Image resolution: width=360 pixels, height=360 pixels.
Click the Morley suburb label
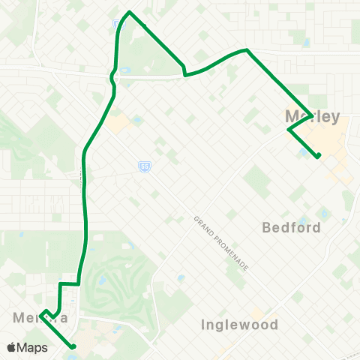point(313,117)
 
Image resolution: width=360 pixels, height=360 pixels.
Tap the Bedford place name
point(291,226)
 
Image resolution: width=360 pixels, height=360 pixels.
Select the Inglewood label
point(240,325)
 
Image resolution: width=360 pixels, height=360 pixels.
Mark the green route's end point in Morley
point(319,156)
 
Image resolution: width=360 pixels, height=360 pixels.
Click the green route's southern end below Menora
point(73,346)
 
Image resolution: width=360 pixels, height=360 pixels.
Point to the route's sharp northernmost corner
point(130,12)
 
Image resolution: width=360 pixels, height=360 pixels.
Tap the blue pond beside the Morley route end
point(303,152)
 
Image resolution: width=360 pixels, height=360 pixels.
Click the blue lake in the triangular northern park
point(123,71)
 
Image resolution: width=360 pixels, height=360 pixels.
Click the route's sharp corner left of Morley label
point(289,130)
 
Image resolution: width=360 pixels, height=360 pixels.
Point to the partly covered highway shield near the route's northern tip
point(116,24)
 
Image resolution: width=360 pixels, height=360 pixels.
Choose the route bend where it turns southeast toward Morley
point(246,50)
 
